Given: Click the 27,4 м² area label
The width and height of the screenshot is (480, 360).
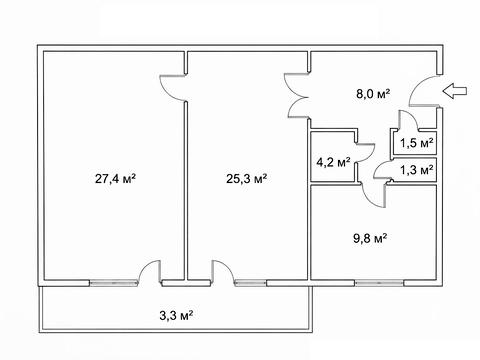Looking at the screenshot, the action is click(x=115, y=179).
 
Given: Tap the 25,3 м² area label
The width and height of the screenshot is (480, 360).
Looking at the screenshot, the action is click(x=247, y=179).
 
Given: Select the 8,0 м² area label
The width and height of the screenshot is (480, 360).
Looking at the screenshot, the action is click(x=373, y=94).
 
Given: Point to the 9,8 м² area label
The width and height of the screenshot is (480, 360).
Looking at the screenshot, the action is click(x=370, y=239).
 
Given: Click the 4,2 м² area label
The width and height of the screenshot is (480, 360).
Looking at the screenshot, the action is click(x=333, y=163).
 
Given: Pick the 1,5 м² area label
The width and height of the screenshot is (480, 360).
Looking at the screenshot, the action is click(x=417, y=143).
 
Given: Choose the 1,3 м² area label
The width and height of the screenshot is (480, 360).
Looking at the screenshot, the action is click(x=417, y=170).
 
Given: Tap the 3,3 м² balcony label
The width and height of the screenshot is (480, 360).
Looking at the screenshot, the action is click(x=176, y=315).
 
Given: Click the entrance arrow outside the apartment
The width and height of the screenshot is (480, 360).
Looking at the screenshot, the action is click(x=455, y=91).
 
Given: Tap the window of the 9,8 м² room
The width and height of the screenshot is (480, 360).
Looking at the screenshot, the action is click(x=379, y=283).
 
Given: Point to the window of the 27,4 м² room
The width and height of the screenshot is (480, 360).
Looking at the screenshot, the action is click(x=114, y=283).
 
